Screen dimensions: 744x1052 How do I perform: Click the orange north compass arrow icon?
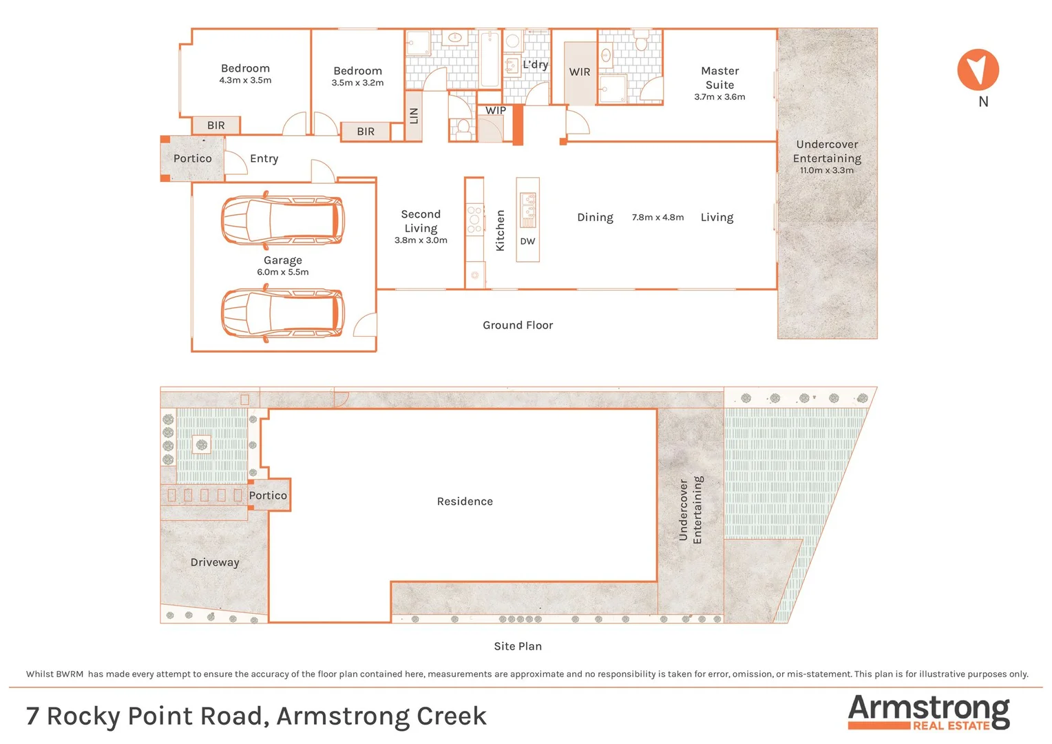tap(978, 70)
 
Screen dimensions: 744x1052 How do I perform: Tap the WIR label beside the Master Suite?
tap(579, 72)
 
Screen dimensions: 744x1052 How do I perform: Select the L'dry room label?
tap(535, 65)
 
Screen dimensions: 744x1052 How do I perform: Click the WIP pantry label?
tap(496, 110)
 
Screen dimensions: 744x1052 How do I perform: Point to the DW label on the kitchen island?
tap(527, 241)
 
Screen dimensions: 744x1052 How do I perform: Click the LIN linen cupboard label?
tap(414, 116)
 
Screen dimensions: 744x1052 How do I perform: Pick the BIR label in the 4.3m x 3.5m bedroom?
tap(215, 125)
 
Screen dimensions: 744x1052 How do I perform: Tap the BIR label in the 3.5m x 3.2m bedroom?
tap(366, 132)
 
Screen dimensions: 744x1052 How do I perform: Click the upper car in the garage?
tap(282, 220)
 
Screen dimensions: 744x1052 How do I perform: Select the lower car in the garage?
tap(282, 313)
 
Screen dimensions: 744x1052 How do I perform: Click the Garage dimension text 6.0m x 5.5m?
tap(283, 272)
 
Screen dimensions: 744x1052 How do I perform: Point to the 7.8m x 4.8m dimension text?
tap(657, 217)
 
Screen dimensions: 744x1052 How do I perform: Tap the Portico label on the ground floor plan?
tap(193, 158)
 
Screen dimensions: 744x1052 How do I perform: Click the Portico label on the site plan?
tap(268, 495)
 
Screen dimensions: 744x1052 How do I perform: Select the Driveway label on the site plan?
tap(215, 562)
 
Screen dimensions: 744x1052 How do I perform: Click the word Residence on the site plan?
tap(465, 502)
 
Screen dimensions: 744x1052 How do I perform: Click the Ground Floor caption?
tap(518, 325)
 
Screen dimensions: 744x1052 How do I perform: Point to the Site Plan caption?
tap(518, 646)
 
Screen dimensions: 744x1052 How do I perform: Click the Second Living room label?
tap(421, 221)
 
